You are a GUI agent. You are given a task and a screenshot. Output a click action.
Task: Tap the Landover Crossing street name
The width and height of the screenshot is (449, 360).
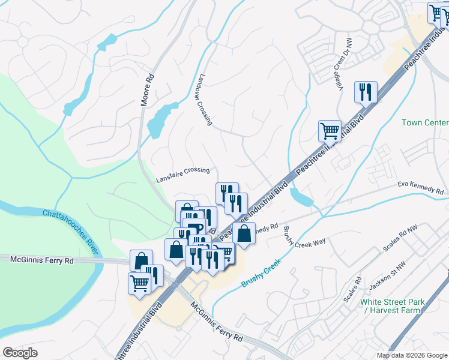[203, 100]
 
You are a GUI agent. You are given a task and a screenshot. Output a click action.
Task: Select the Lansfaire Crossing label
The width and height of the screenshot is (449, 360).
[182, 175]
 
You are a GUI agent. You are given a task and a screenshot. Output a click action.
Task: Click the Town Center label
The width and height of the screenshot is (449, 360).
[425, 122]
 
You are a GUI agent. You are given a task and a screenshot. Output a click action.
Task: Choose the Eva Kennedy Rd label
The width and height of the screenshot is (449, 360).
[420, 189]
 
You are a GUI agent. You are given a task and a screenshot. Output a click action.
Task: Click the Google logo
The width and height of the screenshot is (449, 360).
[20, 353]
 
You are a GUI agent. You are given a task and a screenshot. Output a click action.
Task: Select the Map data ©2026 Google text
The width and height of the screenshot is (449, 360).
[412, 355]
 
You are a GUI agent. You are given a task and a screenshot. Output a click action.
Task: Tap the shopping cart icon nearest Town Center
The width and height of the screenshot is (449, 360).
[330, 130]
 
